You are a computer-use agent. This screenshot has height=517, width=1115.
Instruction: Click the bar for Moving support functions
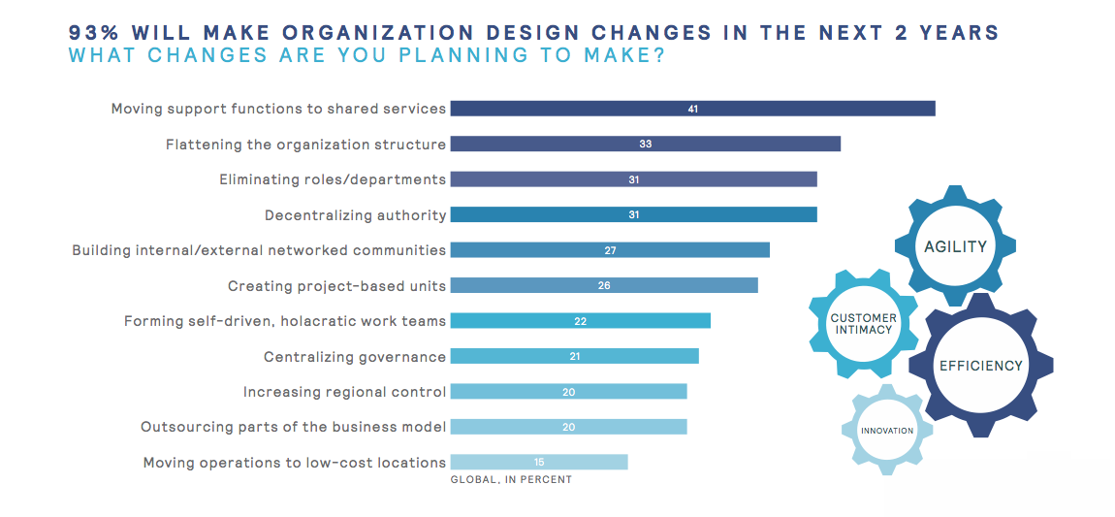[692, 109]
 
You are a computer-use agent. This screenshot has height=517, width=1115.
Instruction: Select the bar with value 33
[645, 144]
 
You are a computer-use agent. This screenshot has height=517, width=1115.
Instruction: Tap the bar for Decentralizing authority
[633, 214]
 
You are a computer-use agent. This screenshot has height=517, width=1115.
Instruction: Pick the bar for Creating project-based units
[603, 285]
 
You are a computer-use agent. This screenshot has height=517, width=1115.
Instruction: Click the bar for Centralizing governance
[574, 356]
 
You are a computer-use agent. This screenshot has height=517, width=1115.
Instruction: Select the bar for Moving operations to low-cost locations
[538, 462]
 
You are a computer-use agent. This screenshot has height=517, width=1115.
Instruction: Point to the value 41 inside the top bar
[692, 109]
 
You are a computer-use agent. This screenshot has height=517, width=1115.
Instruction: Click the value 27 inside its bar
[610, 250]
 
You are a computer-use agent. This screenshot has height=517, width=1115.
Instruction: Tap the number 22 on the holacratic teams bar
[580, 321]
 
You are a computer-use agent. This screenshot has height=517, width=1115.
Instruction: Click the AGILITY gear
[954, 246]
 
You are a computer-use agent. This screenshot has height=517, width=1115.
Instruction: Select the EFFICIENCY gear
[980, 366]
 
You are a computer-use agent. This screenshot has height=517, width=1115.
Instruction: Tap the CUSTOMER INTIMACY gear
[863, 324]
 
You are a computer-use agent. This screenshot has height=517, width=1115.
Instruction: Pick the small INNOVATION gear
[886, 430]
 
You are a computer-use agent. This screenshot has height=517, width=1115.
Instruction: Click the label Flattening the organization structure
[305, 145]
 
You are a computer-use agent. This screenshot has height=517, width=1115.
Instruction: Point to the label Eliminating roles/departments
[333, 179]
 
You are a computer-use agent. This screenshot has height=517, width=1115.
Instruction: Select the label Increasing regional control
[344, 392]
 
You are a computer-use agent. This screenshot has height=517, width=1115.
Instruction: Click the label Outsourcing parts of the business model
[293, 427]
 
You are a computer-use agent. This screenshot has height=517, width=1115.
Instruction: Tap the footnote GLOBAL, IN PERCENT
[511, 479]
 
